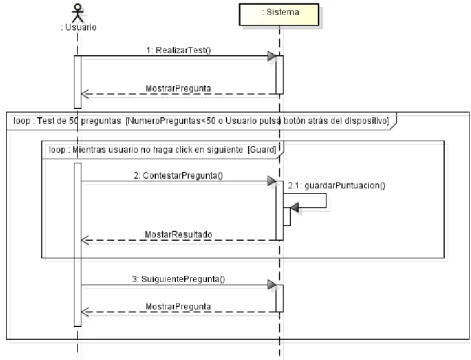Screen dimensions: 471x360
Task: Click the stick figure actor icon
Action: (x=77, y=12)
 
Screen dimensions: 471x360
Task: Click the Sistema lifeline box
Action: (x=279, y=14)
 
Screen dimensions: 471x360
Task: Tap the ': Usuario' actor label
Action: (x=79, y=28)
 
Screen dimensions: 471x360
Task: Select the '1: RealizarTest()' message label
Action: (x=179, y=50)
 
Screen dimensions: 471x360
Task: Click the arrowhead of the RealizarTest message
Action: (x=272, y=56)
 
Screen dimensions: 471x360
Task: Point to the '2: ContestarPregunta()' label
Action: (x=178, y=175)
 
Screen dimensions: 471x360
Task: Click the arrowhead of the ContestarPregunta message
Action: (x=272, y=181)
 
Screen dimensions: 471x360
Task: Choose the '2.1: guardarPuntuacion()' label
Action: (x=337, y=186)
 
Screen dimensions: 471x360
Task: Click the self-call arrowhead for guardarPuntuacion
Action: (x=294, y=208)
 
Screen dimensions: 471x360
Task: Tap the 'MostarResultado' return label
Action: (x=179, y=234)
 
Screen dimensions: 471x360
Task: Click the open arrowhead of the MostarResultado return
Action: (x=85, y=240)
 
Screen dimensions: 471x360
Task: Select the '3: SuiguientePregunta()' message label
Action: (x=179, y=279)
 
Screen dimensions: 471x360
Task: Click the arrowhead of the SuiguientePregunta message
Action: (x=272, y=285)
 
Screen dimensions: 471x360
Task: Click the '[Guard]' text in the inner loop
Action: (x=261, y=150)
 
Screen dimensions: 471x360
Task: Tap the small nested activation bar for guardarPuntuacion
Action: (x=287, y=217)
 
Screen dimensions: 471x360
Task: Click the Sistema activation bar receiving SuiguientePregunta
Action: (x=279, y=299)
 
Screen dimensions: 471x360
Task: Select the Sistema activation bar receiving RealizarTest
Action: (x=279, y=74)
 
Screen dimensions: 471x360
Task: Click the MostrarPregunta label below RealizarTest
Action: (x=178, y=89)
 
